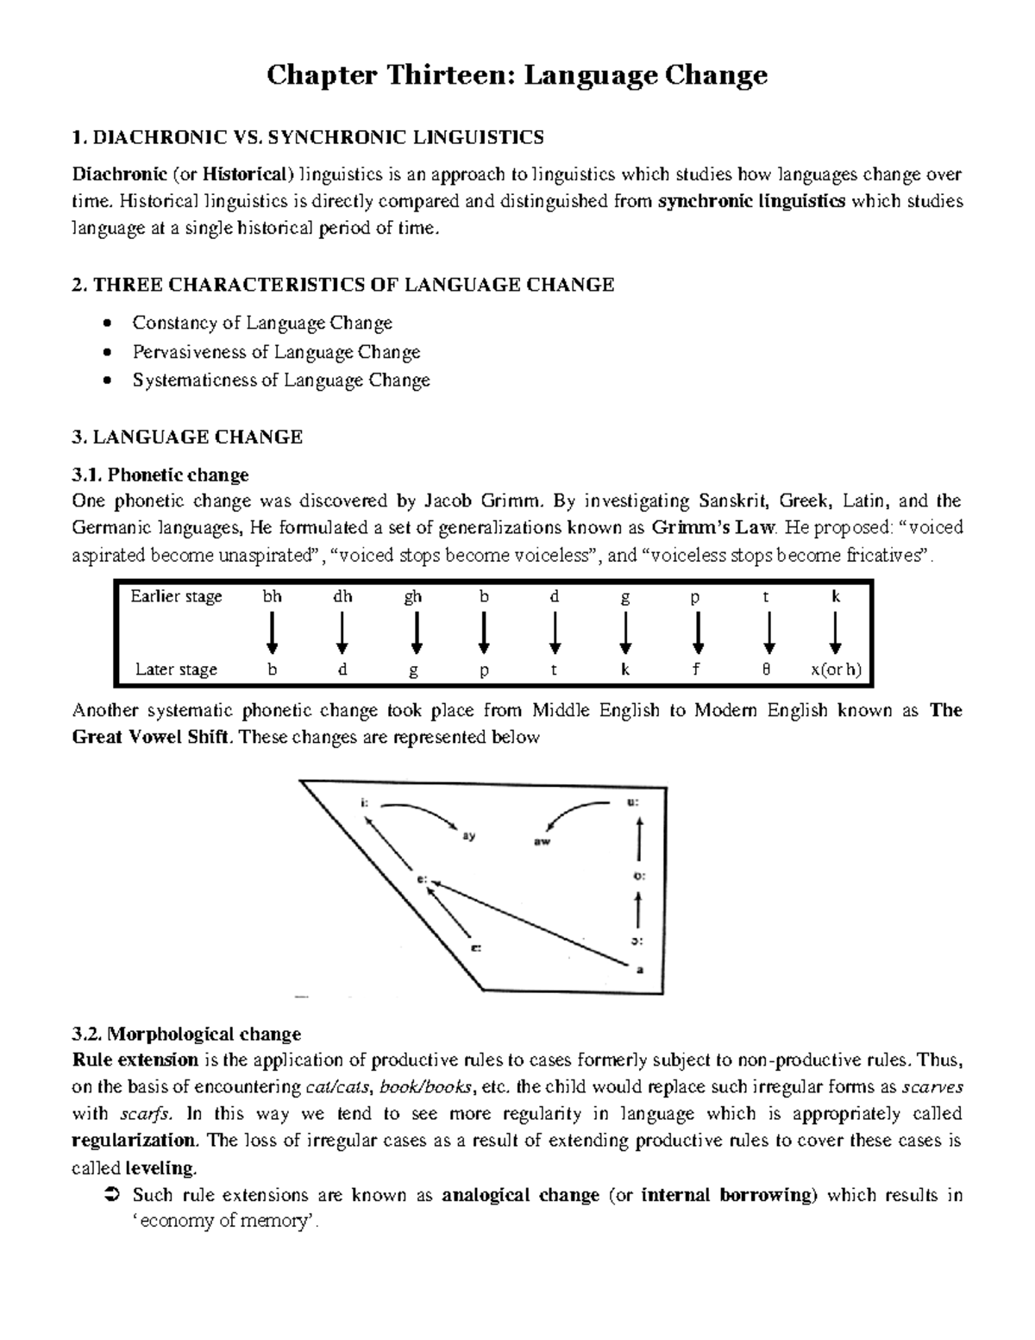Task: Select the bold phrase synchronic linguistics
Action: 750,202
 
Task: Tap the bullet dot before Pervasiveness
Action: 106,352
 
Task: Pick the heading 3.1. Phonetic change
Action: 160,475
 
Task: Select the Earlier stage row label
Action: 176,596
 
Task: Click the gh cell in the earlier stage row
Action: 413,596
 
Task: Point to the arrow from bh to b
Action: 272,632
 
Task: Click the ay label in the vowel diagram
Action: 469,835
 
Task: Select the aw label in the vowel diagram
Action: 543,839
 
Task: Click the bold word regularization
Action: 135,1141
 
